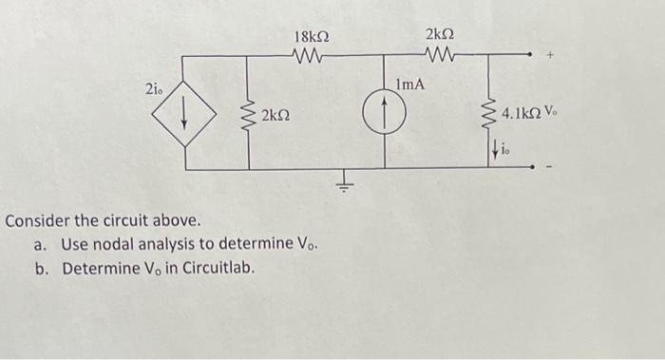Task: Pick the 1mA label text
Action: [x=409, y=85]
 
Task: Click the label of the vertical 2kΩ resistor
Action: [x=275, y=117]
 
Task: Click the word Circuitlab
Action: [x=221, y=268]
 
